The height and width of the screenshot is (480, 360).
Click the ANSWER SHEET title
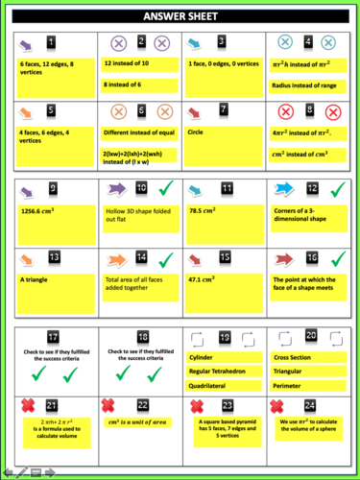tap(180, 16)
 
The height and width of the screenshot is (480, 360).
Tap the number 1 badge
tap(52, 42)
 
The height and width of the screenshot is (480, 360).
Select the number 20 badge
tap(311, 336)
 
